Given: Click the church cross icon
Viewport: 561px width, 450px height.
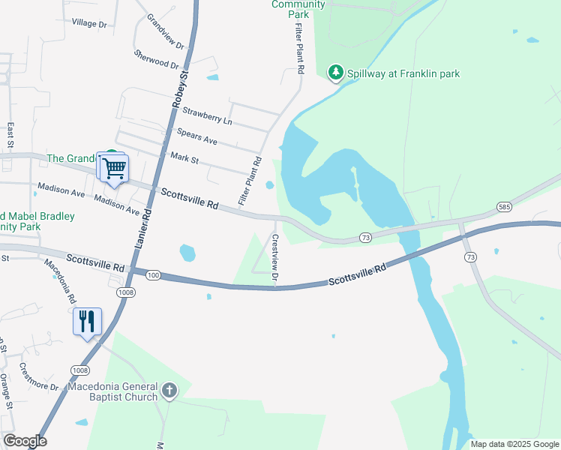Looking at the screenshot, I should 169,391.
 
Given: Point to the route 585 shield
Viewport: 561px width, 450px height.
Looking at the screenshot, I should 503,206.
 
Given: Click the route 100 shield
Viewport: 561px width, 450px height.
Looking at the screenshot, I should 153,276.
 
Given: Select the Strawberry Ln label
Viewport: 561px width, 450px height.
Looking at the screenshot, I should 208,116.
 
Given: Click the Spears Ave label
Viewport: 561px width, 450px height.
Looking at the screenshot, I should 196,136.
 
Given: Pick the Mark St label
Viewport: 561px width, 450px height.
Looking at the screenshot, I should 184,157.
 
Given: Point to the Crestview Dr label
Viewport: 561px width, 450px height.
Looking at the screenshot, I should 275,259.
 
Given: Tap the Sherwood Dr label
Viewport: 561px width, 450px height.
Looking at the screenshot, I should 157,58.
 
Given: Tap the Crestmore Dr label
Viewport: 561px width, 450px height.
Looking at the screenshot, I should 39,377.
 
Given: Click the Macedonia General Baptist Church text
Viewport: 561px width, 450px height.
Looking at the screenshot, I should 112,391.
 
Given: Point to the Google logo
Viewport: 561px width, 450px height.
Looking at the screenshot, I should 25,441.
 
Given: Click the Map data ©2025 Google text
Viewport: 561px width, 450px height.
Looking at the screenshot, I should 514,444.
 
